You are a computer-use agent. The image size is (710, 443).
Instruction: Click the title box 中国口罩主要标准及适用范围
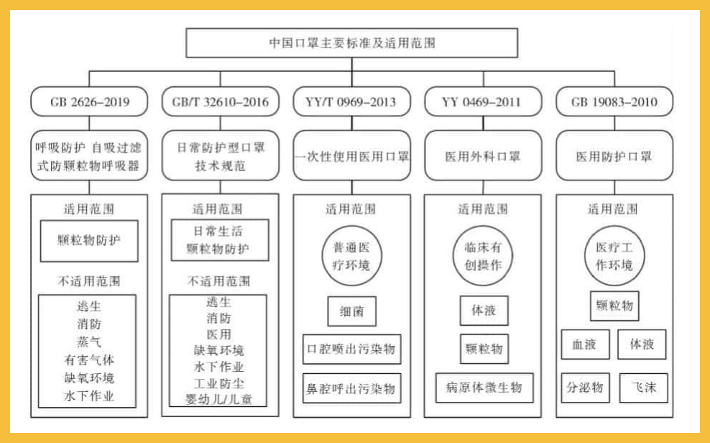tap(351, 42)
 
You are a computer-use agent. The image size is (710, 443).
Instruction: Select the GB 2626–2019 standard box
tap(90, 101)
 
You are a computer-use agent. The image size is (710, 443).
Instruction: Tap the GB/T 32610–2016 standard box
tap(221, 101)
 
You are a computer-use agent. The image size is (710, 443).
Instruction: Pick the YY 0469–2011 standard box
tap(483, 101)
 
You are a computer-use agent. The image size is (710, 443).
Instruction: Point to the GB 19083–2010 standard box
tap(614, 101)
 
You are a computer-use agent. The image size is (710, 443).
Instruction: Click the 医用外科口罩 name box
tap(483, 155)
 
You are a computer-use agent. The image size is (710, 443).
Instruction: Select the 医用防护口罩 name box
tap(614, 155)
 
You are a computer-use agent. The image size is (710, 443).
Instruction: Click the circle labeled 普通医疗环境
tap(351, 255)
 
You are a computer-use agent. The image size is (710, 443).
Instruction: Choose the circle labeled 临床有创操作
tap(483, 255)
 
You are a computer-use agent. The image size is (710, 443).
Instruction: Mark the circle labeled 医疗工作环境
tap(614, 255)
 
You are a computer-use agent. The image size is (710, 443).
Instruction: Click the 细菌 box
tap(351, 312)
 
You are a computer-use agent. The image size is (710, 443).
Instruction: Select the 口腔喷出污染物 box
tap(351, 350)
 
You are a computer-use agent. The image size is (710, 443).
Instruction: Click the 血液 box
tap(585, 344)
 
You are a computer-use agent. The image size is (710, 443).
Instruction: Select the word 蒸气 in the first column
tap(89, 341)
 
